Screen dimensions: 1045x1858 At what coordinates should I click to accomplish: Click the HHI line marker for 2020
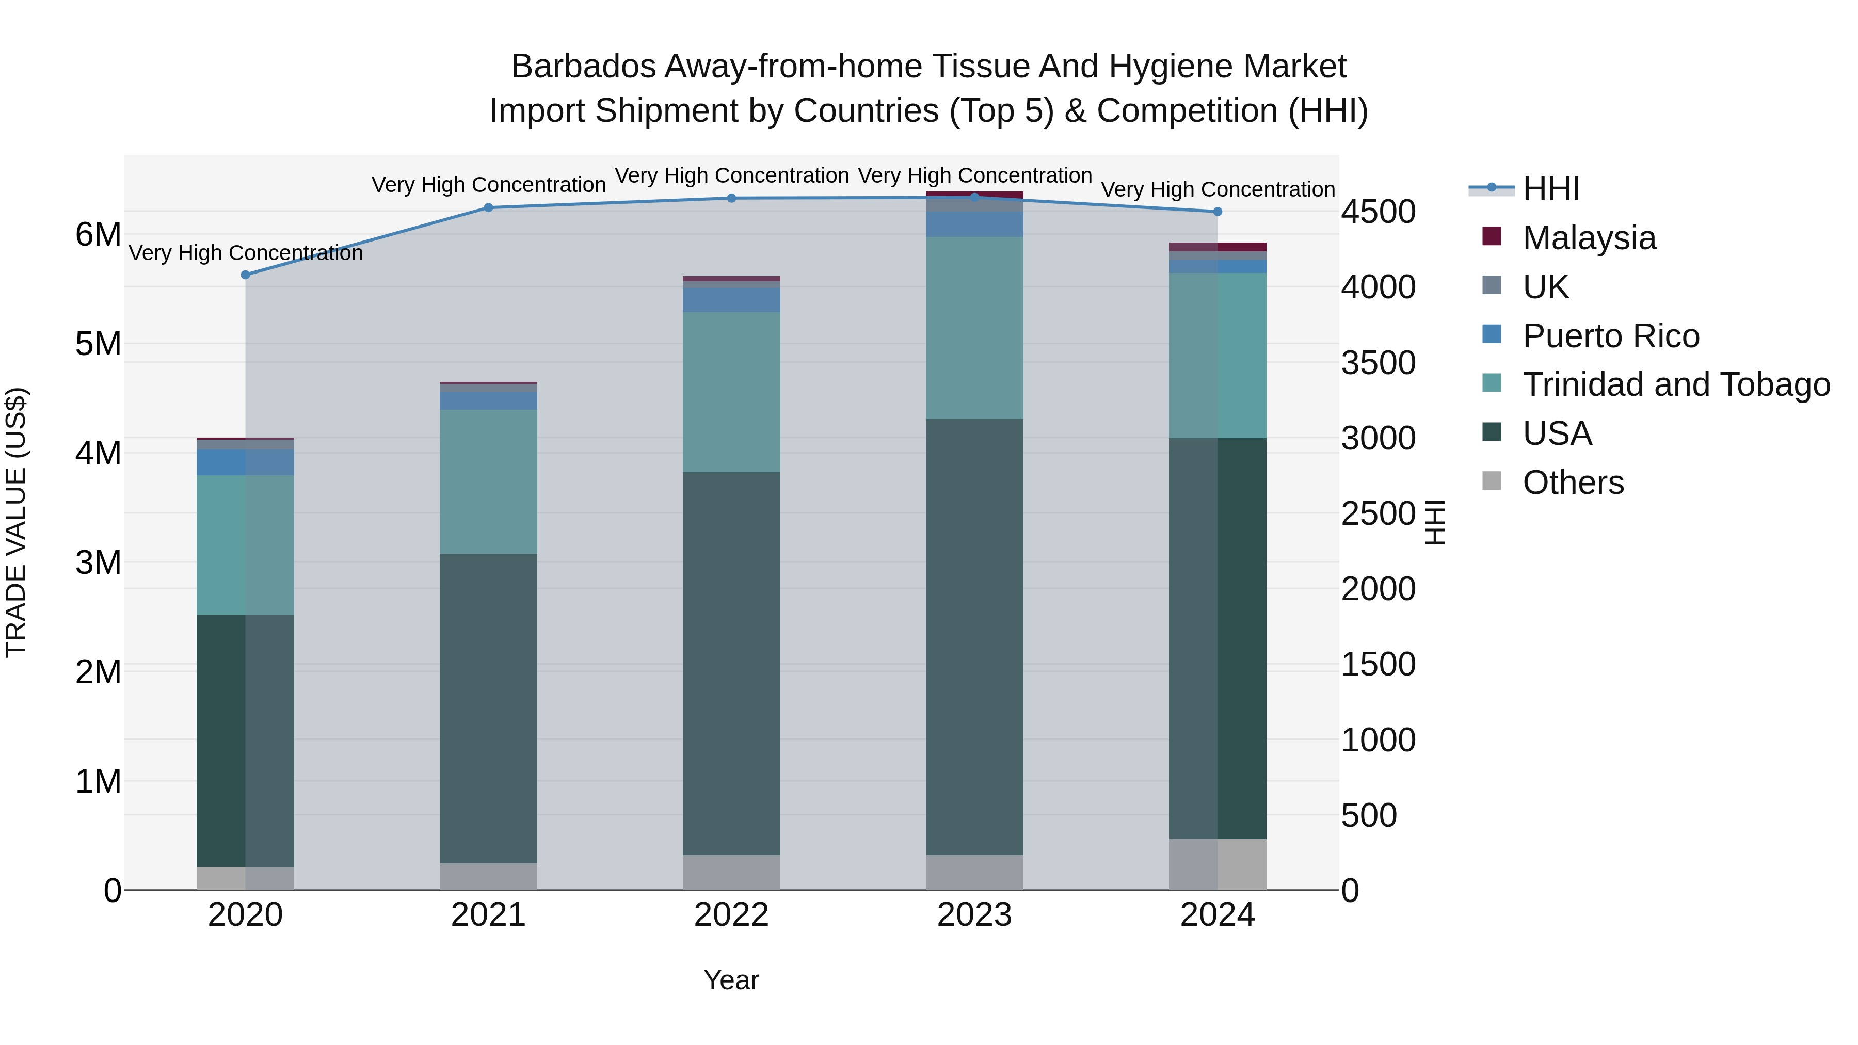245,275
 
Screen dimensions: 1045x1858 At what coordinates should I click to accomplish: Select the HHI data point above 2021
488,207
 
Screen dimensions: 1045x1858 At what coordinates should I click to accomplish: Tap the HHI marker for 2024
1218,212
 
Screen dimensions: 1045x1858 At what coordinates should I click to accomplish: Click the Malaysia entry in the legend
1589,238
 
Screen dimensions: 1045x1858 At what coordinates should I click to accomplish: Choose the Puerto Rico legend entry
1611,336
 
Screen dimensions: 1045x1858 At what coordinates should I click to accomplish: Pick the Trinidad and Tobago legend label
1675,384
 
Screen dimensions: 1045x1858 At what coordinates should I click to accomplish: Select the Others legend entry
1573,483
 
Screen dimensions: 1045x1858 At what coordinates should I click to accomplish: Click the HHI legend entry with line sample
1551,189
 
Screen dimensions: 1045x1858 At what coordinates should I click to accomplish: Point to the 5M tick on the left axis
98,344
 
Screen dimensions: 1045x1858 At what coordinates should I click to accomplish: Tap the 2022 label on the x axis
731,915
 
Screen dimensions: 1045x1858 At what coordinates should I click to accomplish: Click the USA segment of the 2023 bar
974,635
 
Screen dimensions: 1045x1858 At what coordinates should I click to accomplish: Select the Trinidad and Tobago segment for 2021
488,482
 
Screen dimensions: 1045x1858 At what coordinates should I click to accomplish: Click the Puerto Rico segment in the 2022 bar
731,300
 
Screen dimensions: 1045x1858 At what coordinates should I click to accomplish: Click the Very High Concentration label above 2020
245,253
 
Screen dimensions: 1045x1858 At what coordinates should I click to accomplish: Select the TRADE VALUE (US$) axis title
16,522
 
